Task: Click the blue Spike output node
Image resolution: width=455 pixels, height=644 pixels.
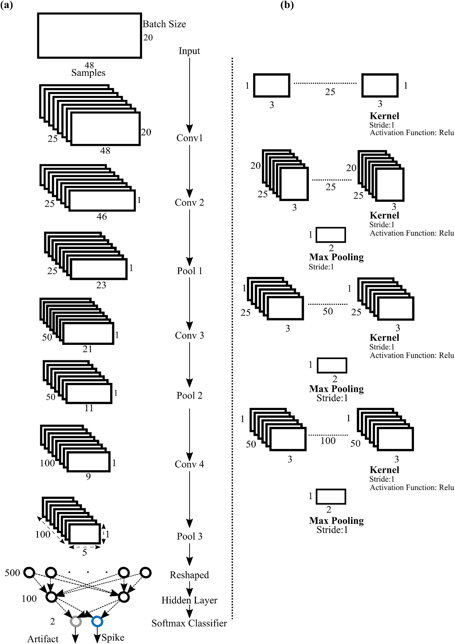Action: point(97,621)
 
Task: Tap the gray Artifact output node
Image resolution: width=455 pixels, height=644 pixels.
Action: point(76,621)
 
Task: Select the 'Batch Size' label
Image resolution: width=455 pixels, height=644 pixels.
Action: point(164,24)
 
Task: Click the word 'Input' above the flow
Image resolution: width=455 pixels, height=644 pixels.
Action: point(189,51)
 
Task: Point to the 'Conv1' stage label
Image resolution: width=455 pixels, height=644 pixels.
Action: point(190,138)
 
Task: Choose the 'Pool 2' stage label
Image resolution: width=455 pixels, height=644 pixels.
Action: point(190,396)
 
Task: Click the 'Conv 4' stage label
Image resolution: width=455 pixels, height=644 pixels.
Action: point(189,465)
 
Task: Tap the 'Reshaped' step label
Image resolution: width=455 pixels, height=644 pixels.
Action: point(189,575)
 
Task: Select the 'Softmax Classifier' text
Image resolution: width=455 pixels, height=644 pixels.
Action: point(189,623)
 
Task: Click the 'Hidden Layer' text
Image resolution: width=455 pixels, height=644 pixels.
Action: point(189,600)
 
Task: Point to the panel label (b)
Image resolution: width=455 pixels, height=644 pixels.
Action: point(287,5)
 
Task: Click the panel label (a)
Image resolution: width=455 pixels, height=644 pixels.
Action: point(6,5)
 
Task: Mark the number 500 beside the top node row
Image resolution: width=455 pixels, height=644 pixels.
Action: point(12,573)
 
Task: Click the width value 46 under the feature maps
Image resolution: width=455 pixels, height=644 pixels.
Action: point(101,217)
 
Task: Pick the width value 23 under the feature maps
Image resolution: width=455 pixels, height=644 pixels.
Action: point(101,285)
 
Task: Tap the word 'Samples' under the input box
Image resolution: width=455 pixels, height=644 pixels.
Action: point(88,73)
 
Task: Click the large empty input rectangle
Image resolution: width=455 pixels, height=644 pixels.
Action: point(89,36)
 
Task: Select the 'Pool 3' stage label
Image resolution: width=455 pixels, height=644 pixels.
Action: point(190,536)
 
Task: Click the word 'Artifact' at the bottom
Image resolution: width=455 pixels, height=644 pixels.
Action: point(43,639)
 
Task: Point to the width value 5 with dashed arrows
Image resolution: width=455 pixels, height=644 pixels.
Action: point(84,552)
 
